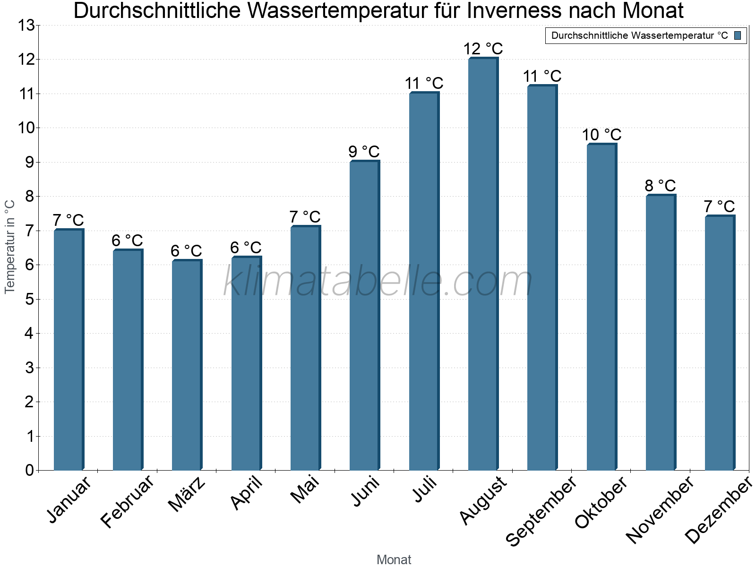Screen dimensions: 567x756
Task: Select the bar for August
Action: click(483, 265)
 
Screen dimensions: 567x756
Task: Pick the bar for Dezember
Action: click(720, 343)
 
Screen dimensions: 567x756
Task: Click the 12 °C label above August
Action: click(483, 49)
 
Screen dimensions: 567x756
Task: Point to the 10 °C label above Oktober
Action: click(601, 135)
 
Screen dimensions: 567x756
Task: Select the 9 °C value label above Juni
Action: click(364, 152)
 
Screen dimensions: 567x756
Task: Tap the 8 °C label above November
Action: click(660, 186)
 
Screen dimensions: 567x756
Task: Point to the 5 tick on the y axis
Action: click(30, 299)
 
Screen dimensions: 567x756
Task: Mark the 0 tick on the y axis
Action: click(30, 470)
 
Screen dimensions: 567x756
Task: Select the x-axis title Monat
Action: click(394, 559)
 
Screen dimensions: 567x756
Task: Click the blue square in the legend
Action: click(738, 35)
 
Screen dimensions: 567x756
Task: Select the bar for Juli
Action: click(424, 282)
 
